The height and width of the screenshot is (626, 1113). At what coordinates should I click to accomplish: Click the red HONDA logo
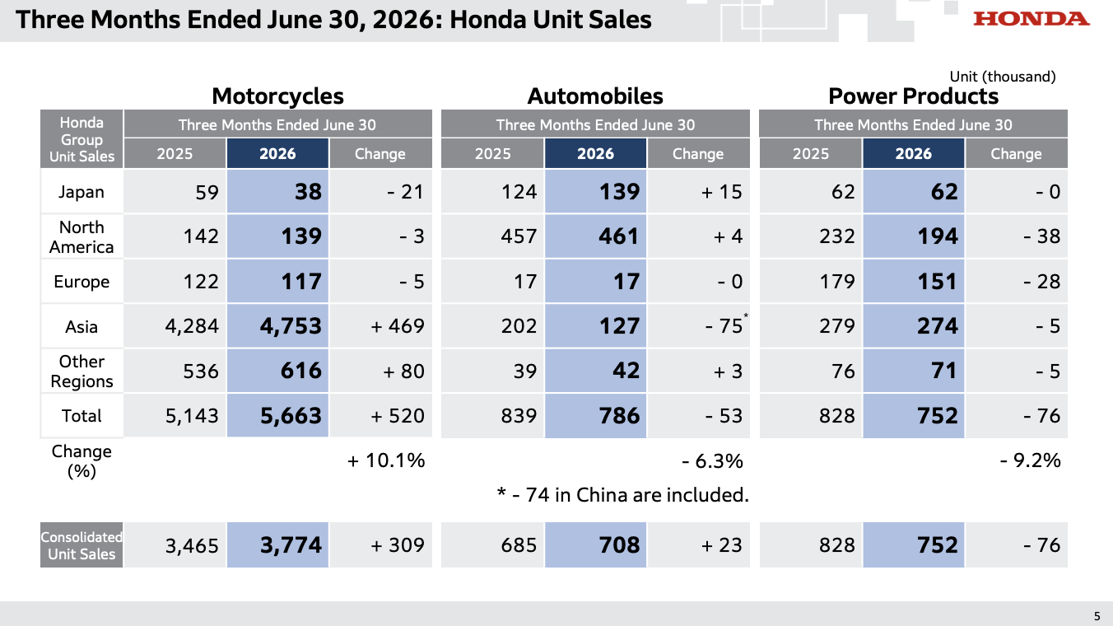pos(1031,19)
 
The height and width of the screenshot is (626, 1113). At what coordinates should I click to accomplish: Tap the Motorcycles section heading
pos(277,96)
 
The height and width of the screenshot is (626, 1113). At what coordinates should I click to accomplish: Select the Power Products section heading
pos(913,96)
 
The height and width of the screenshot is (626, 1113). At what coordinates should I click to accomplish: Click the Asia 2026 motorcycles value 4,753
pos(291,326)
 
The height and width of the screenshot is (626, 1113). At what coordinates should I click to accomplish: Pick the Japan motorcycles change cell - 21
pos(406,192)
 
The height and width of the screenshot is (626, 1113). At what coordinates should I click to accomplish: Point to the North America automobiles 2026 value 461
pos(618,236)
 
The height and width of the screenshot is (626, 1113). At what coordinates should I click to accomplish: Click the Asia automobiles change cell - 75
pos(724,326)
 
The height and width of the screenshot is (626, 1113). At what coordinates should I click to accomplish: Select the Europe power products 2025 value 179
pos(836,282)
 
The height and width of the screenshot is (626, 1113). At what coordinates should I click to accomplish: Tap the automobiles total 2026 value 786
pos(619,416)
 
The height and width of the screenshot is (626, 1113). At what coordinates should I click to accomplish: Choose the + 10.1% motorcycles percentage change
pos(387,460)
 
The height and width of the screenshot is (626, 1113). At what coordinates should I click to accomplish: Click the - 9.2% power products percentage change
pos(1030,460)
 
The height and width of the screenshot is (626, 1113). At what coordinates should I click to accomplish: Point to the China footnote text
pos(622,495)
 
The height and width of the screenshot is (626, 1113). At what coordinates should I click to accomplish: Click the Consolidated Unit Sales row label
pos(81,545)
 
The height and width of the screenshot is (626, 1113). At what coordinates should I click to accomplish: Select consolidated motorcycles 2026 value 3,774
pos(291,545)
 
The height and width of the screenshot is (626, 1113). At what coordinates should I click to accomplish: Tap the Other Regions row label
pos(81,371)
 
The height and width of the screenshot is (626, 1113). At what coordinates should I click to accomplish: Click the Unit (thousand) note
pos(1003,77)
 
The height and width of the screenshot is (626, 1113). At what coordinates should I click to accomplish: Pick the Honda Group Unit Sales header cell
pos(81,139)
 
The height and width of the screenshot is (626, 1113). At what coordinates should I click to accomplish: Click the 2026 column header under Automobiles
pos(595,154)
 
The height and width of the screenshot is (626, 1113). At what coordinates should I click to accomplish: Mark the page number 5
pos(1097,616)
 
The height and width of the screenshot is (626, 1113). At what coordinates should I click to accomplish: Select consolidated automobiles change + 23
pos(721,545)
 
